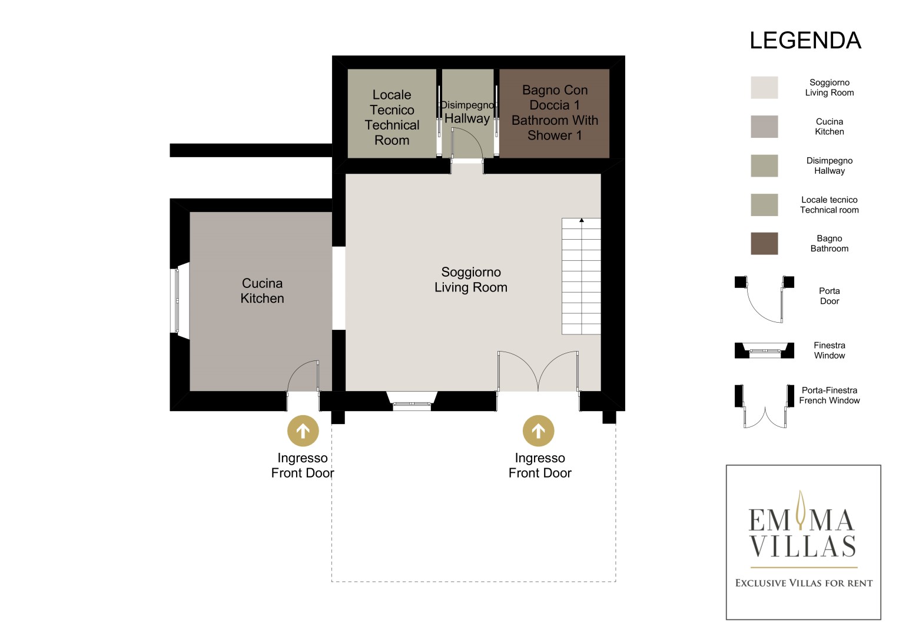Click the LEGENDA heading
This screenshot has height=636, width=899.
point(805,41)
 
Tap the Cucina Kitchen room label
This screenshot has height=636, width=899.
point(262,291)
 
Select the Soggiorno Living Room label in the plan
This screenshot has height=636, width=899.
point(471,280)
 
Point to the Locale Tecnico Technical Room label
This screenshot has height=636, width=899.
point(392,117)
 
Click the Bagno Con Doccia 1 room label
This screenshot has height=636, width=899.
point(555,112)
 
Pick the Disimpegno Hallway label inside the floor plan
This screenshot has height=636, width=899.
point(467,112)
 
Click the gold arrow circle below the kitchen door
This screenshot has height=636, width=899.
point(303,431)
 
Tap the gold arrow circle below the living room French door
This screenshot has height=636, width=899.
point(538,431)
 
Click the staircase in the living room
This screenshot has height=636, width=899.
point(581,276)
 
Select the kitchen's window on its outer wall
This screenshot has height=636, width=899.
point(177,301)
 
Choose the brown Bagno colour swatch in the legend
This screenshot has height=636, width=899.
point(764,243)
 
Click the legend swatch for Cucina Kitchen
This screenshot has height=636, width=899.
point(764,127)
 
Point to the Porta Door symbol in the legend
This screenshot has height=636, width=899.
point(764,299)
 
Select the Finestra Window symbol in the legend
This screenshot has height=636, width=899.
point(764,350)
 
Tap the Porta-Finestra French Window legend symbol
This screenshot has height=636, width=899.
point(764,406)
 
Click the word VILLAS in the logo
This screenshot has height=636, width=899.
point(802,546)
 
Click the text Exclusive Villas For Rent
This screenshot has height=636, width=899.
point(804,583)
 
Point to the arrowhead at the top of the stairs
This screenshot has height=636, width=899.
point(581,220)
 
